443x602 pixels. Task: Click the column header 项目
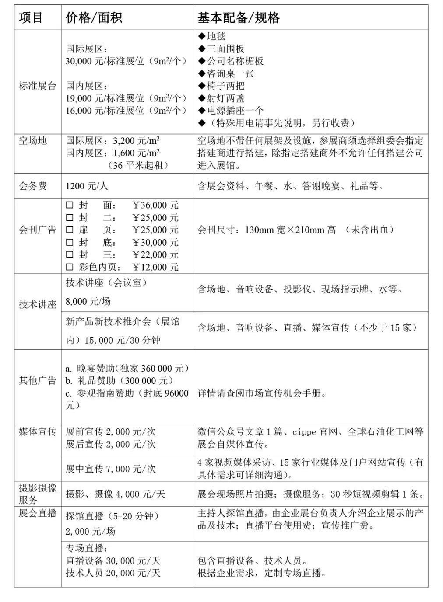(31, 18)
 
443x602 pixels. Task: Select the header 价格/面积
(94, 18)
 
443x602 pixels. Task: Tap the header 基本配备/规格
(238, 18)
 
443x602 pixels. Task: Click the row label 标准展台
(37, 86)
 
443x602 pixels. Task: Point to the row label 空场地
(32, 141)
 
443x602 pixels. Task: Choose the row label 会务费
(32, 186)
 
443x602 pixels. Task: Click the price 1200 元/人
(87, 186)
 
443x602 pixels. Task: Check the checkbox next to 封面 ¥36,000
(70, 205)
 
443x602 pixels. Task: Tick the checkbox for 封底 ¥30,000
(70, 242)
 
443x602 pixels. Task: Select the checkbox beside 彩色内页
(70, 267)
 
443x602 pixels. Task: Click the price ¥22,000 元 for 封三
(155, 254)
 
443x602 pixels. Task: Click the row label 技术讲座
(37, 305)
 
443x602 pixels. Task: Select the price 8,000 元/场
(88, 302)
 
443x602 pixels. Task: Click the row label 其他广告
(37, 381)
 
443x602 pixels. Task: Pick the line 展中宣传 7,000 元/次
(111, 469)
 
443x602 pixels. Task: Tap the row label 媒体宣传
(37, 432)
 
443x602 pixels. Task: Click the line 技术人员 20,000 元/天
(113, 573)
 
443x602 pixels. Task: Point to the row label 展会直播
(37, 513)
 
